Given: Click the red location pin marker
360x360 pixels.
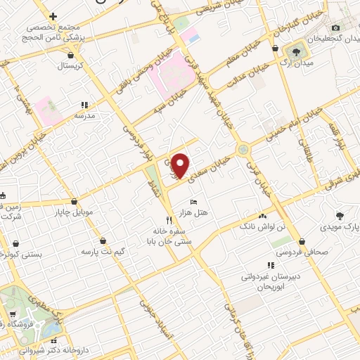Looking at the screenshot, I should tap(181, 165).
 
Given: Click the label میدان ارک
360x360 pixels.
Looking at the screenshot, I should tap(293, 63).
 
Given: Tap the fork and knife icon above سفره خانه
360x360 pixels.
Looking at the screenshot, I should tap(169, 219).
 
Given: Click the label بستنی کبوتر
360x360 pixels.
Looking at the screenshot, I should tap(29, 256).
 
